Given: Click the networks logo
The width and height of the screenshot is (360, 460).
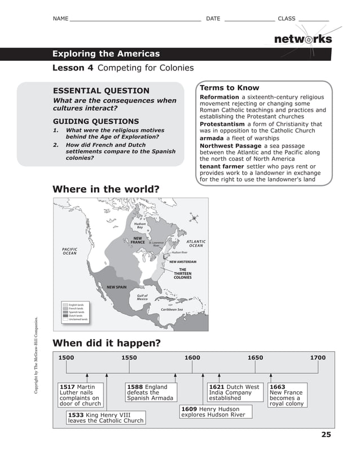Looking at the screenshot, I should [302, 39].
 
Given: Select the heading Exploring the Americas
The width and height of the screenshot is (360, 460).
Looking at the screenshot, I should [106, 54].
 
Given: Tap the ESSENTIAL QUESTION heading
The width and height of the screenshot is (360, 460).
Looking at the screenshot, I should [101, 91].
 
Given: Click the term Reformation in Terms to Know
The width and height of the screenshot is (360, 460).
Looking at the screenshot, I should [219, 97].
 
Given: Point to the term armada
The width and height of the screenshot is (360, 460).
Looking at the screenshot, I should [212, 138].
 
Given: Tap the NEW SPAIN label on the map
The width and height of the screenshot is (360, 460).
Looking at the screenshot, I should [117, 287].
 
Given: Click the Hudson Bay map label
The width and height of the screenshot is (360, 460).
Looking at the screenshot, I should [140, 225].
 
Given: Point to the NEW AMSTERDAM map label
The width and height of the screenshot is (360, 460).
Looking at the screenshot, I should [183, 262].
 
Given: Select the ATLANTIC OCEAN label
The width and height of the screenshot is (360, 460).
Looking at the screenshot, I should [196, 244].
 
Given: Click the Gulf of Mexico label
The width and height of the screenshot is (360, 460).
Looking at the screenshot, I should [142, 297].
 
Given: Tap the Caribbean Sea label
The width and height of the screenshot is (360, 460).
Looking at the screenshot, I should [172, 309].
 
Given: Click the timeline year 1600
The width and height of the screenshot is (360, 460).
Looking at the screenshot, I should [192, 357].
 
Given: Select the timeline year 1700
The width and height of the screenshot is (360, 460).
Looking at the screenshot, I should [318, 357].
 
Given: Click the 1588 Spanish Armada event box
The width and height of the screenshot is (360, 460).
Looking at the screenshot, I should [151, 392].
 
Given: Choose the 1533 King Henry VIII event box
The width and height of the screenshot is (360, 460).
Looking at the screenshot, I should [106, 417].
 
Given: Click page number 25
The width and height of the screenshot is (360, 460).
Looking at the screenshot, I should [326, 434].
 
